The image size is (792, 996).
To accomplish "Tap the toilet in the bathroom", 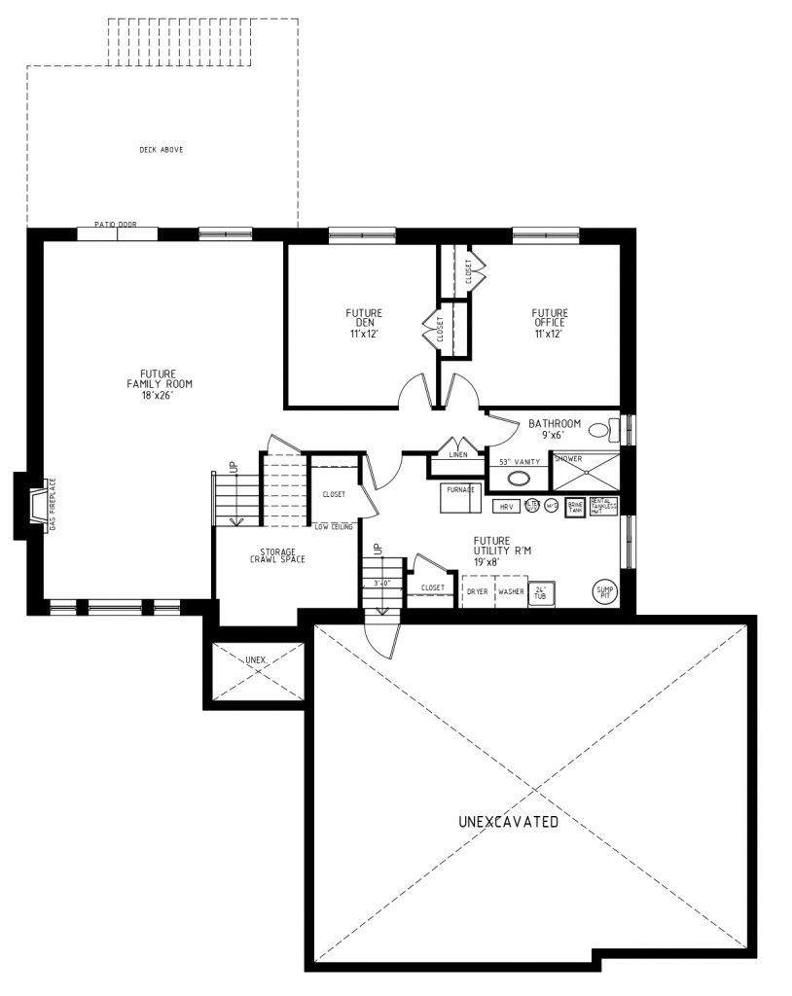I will point(603,429).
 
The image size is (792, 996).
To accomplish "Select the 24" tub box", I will point(541,594).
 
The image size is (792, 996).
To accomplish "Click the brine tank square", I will point(574,508).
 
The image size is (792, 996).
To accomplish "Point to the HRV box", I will point(506,507).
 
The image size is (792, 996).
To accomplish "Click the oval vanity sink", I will point(520,479).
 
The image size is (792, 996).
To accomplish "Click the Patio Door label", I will point(115,225).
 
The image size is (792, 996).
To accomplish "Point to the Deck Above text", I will point(162,150).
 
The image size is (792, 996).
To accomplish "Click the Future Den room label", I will point(364,323).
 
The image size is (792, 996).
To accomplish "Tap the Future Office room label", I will point(549,323).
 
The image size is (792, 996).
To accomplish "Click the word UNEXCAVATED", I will point(508,822).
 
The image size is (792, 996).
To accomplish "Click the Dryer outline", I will point(477,591).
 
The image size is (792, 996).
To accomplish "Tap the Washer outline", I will point(511,591).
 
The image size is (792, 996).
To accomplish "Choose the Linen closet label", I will point(458,454).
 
